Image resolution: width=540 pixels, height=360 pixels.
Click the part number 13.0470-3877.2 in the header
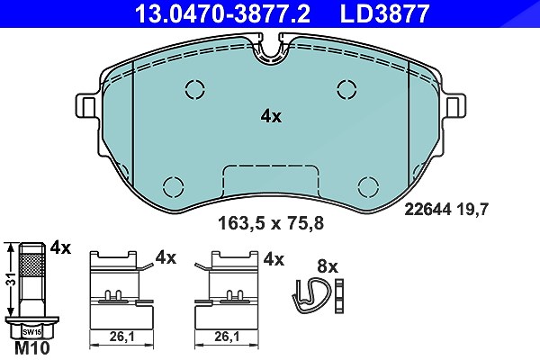click(x=222, y=13)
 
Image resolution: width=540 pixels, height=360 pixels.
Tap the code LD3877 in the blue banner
click(x=384, y=13)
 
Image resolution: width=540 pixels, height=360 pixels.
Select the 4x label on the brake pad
click(x=271, y=117)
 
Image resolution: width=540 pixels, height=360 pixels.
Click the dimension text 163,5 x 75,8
click(x=271, y=223)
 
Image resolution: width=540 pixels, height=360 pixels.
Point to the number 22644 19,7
click(x=446, y=209)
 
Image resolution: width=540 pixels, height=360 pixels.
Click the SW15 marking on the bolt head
click(x=32, y=332)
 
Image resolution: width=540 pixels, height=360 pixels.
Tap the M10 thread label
click(x=32, y=348)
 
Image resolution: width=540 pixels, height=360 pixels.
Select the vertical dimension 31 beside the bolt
click(x=12, y=279)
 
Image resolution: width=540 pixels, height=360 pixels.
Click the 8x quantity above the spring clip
click(x=328, y=266)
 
